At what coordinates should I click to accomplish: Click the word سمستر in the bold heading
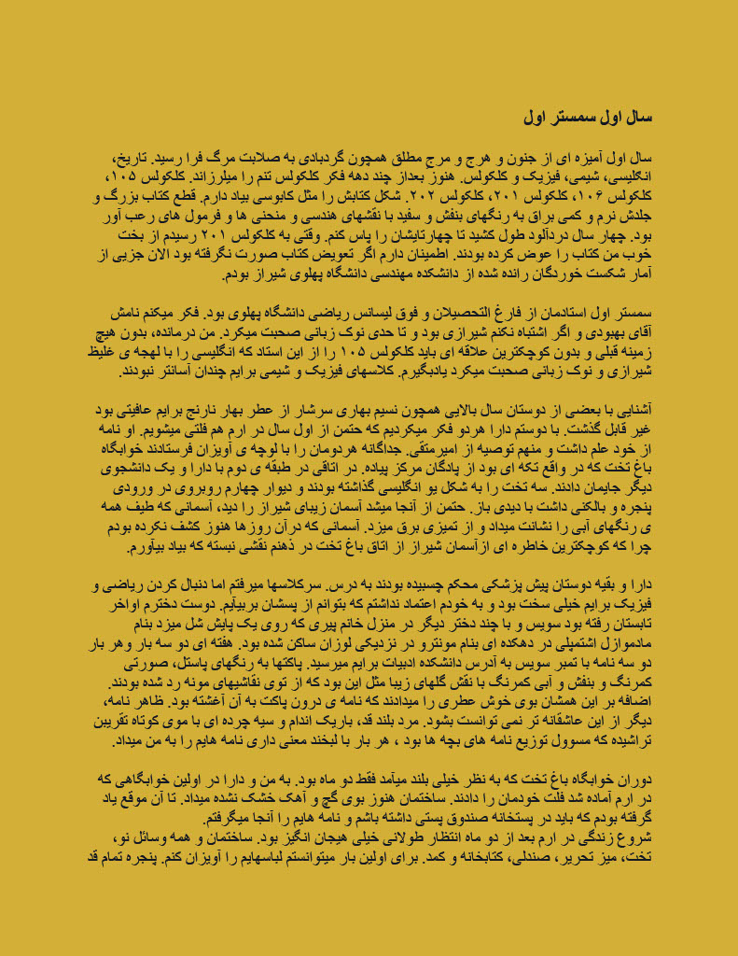575,119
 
